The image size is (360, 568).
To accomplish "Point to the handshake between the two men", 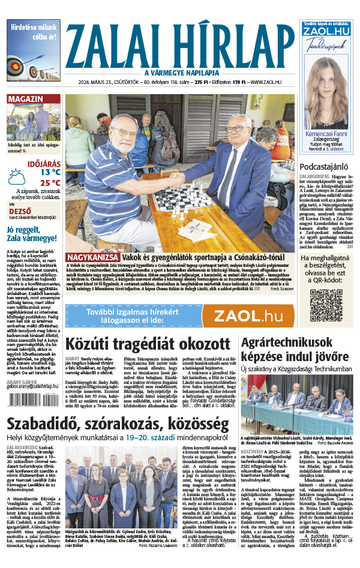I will [x=174, y=178].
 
